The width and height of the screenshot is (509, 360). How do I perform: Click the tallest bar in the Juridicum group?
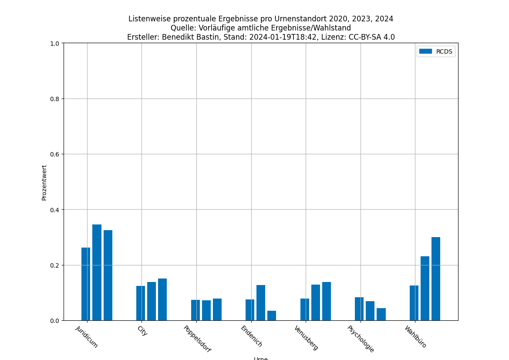pos(97,272)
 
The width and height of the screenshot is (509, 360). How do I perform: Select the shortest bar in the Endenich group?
pos(272,316)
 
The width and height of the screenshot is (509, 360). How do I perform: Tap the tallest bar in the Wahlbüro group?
pos(436,279)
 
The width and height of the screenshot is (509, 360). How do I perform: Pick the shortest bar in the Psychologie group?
pos(381,314)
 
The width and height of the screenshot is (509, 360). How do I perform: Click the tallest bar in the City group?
pos(162,299)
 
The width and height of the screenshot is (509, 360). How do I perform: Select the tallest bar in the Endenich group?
pos(261,302)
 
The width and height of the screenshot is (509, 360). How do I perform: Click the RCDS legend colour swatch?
pos(425,51)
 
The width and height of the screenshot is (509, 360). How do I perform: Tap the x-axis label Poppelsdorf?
pos(197,339)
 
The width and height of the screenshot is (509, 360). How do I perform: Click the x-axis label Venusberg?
pos(306,338)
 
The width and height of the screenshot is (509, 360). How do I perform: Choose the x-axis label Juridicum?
pos(87,336)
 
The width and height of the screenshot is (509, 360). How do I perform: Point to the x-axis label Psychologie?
pos(361,339)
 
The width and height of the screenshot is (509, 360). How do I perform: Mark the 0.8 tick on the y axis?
pos(55,98)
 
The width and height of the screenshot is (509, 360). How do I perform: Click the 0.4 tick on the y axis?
pos(55,210)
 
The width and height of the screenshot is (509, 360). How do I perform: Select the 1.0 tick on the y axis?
pos(55,43)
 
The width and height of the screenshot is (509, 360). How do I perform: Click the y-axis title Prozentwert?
pos(44,182)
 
